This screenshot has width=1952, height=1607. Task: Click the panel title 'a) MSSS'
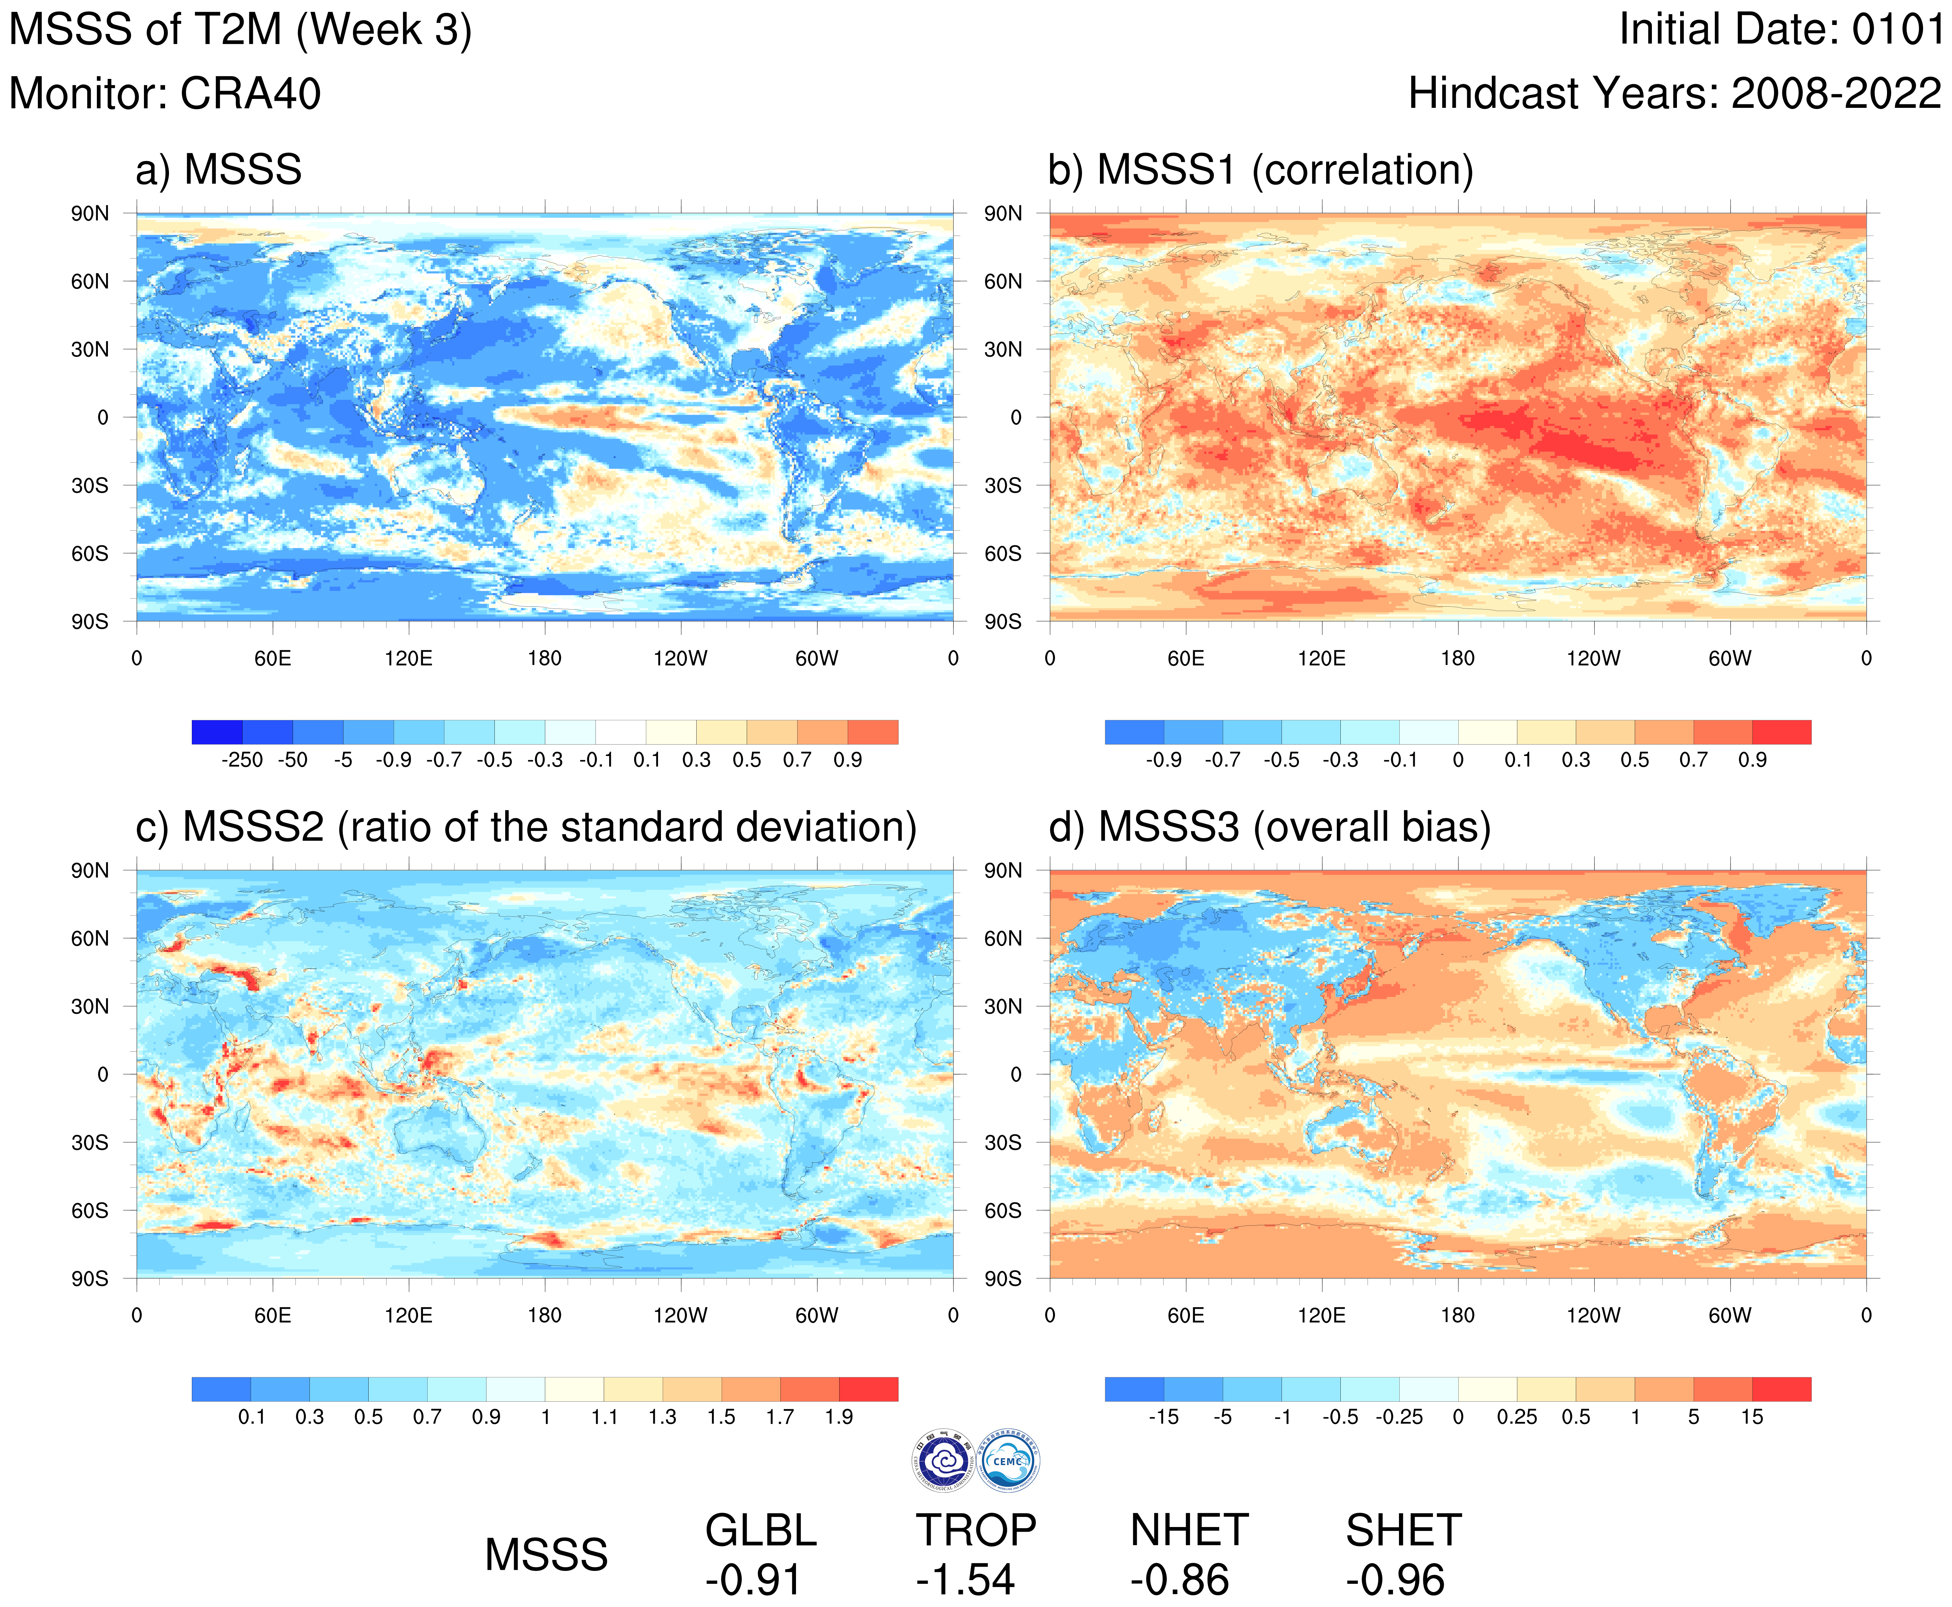coord(219,170)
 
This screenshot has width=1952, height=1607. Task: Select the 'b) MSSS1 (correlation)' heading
coord(1260,170)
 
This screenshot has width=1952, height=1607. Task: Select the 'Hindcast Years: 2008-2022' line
coord(1674,94)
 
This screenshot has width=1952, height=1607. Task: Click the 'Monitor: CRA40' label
coord(165,94)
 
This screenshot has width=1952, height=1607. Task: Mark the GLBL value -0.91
coord(753,1580)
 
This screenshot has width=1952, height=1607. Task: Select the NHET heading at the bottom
coord(1189,1530)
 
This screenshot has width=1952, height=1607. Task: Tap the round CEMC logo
coord(1009,1461)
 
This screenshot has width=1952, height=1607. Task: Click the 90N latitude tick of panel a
coord(90,214)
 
